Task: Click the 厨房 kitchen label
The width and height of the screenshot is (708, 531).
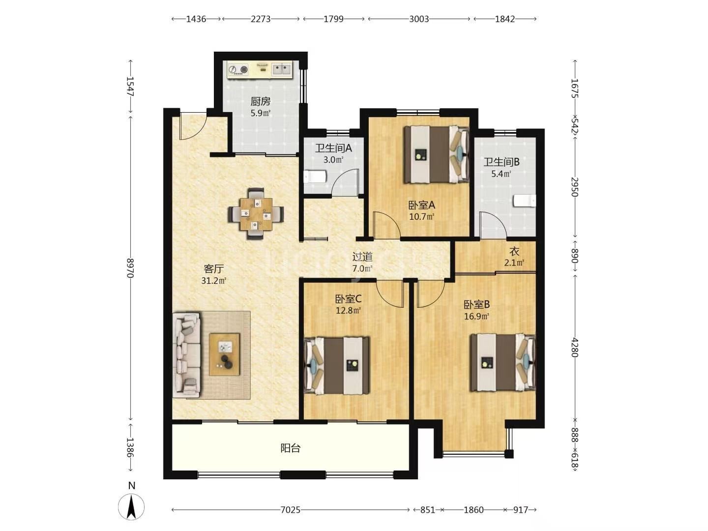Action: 260,102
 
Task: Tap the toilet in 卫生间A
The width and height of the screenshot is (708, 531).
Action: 315,177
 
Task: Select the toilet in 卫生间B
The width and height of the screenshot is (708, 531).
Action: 525,201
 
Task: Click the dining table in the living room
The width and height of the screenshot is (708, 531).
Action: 256,214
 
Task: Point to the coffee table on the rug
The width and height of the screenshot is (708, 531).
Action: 225,354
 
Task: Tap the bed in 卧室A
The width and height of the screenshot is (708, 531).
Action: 437,155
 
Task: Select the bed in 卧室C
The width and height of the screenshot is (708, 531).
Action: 337,366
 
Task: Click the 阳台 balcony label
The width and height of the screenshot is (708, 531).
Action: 290,448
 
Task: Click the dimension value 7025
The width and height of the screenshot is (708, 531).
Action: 290,510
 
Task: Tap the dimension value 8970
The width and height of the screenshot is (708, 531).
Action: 130,268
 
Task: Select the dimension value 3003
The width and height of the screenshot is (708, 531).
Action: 419,19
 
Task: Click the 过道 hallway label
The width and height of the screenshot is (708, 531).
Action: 362,257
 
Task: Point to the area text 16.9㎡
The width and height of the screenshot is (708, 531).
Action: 476,316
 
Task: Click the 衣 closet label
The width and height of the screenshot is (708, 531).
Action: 514,251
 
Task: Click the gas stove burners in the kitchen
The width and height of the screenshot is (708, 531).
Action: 238,69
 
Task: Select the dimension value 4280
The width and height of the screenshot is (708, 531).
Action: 574,348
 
